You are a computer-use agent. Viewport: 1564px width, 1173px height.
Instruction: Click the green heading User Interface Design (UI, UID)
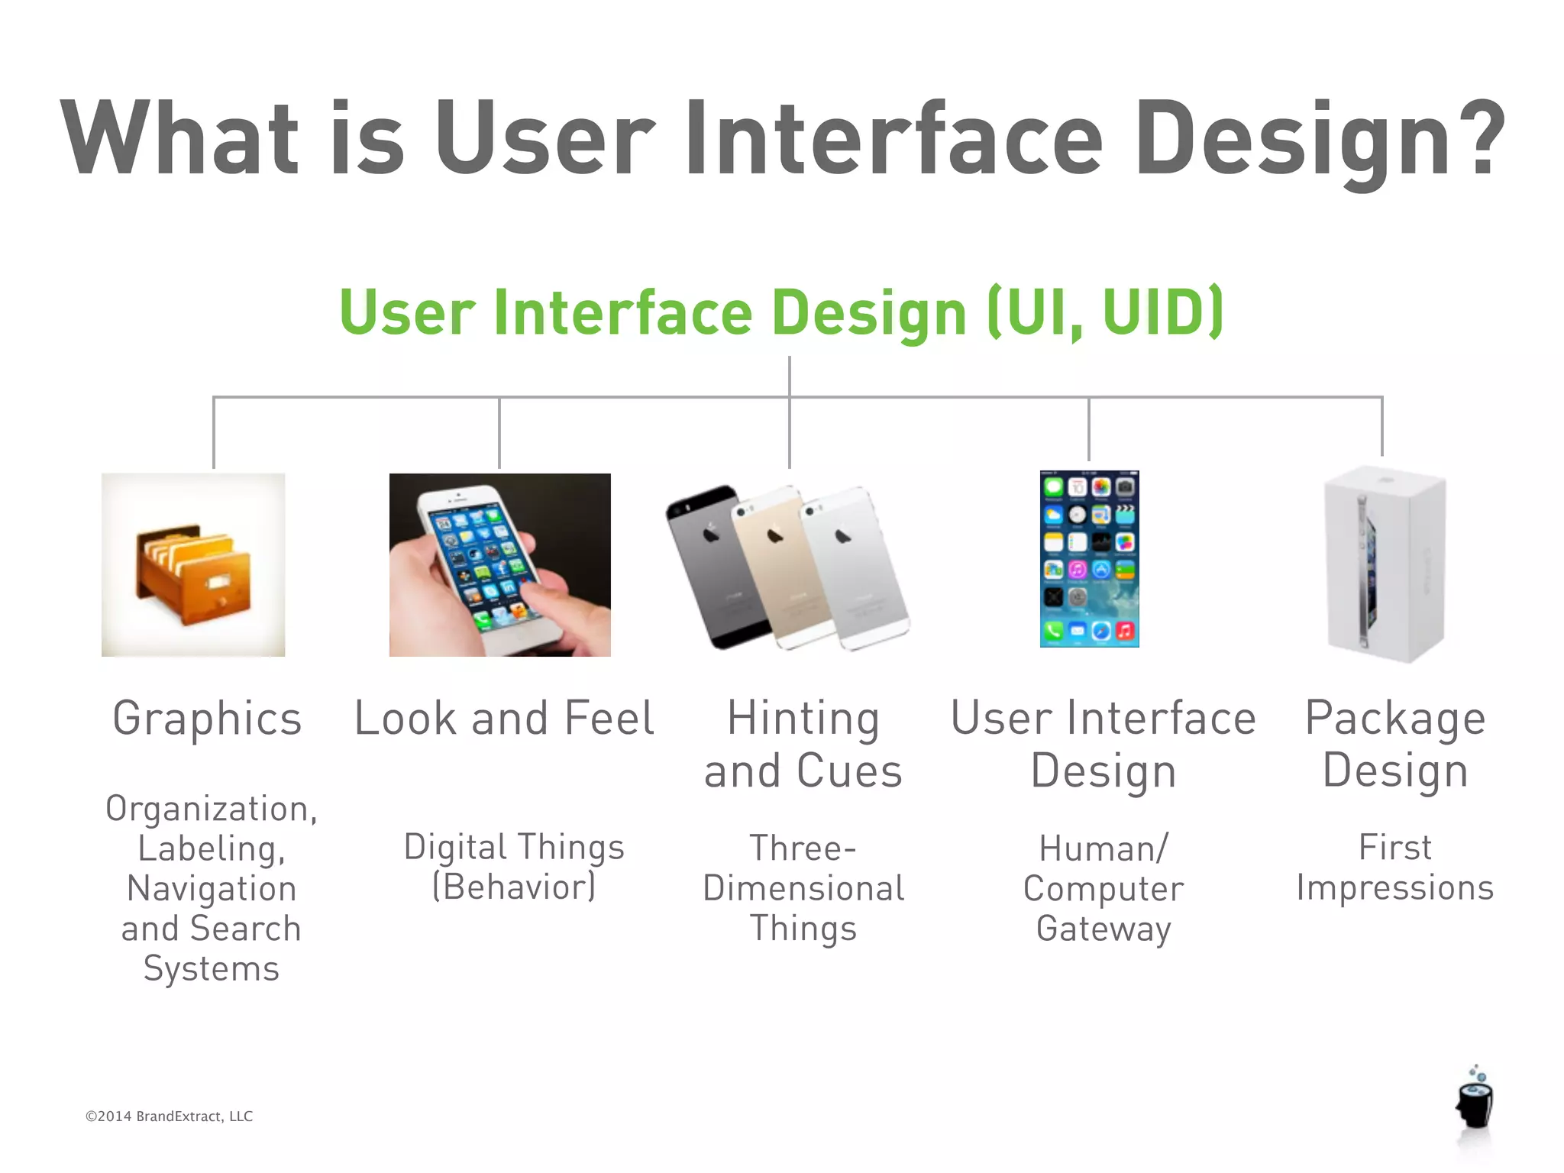tap(781, 312)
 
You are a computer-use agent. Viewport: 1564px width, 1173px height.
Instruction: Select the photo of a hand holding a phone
tap(499, 564)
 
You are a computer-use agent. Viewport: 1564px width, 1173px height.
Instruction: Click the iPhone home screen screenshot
tap(1089, 559)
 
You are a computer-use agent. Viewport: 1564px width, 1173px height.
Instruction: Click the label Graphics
tap(207, 719)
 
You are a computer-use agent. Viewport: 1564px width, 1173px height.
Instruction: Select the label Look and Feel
tap(504, 719)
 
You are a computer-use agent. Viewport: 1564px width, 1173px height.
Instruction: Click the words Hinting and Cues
tap(803, 744)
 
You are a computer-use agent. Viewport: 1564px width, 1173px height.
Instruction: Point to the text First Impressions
tap(1394, 868)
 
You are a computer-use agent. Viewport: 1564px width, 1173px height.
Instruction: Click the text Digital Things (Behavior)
tap(514, 868)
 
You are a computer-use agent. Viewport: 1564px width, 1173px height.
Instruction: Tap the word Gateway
tap(1104, 929)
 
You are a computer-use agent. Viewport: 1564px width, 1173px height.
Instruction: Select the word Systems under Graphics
tap(212, 969)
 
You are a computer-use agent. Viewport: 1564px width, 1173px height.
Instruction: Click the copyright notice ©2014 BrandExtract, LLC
tap(169, 1116)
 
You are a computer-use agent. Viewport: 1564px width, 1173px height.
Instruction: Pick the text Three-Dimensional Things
tap(803, 888)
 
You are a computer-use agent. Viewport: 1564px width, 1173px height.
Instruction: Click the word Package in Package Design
tap(1394, 719)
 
